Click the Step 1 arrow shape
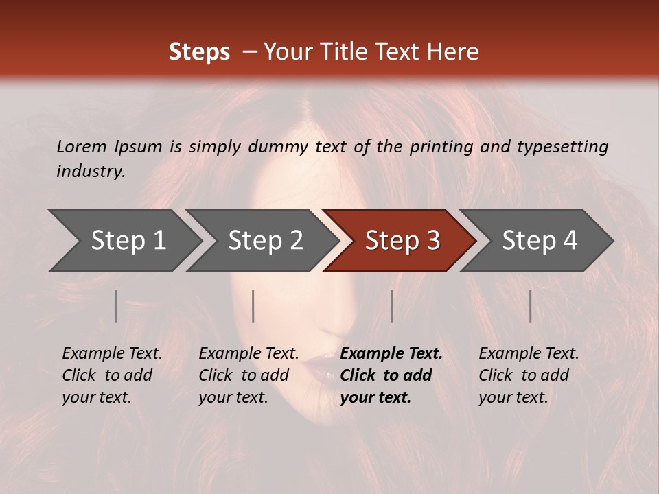click(x=127, y=241)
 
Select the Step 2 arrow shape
click(x=264, y=241)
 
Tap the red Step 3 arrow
click(x=402, y=241)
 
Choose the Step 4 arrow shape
click(x=539, y=241)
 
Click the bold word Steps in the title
click(x=199, y=52)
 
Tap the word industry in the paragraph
click(x=90, y=171)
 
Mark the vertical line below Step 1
click(x=116, y=306)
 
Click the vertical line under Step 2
click(x=253, y=306)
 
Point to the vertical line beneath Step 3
click(x=391, y=306)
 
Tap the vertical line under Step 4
click(x=530, y=306)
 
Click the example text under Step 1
click(x=112, y=375)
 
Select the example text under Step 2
click(x=248, y=375)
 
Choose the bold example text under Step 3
click(x=391, y=375)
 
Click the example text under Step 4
click(x=529, y=375)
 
